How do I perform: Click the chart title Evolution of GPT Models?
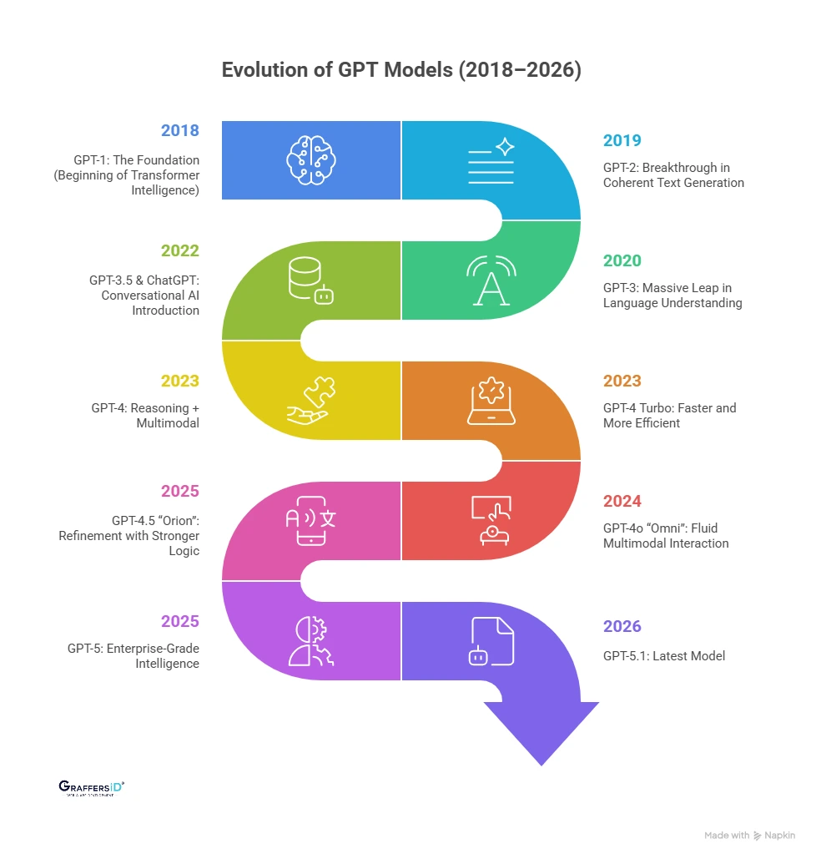coord(401,71)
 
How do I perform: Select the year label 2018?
coord(180,131)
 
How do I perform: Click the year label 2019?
coord(622,140)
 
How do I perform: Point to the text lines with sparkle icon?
coord(491,160)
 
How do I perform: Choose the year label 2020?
coord(622,260)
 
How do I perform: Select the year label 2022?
coord(180,250)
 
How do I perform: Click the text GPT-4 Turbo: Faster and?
coord(669,408)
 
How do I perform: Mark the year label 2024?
coord(622,501)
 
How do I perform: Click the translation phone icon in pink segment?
coord(311,520)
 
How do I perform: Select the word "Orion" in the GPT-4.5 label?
coord(174,520)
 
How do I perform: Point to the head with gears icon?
coord(311,641)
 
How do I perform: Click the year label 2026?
coord(622,627)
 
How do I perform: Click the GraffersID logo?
coord(92,787)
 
